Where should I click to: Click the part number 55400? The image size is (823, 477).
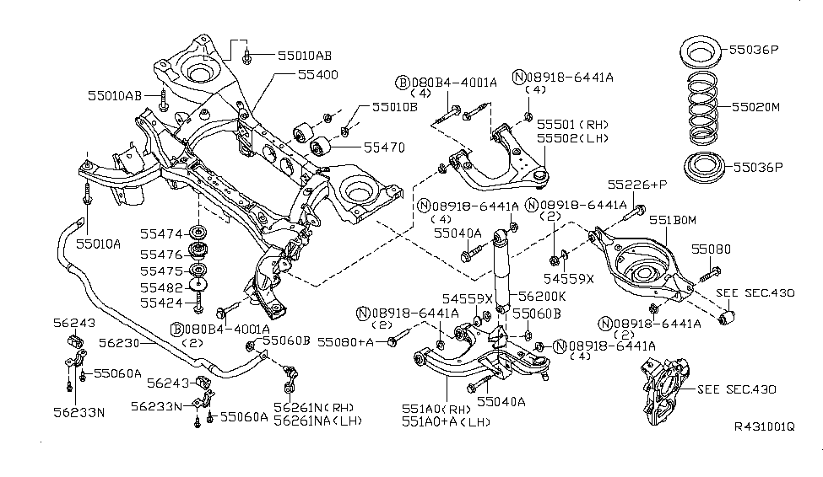317,75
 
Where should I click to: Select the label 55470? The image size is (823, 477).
384,147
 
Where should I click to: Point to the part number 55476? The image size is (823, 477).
160,254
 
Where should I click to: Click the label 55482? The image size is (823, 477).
160,287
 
